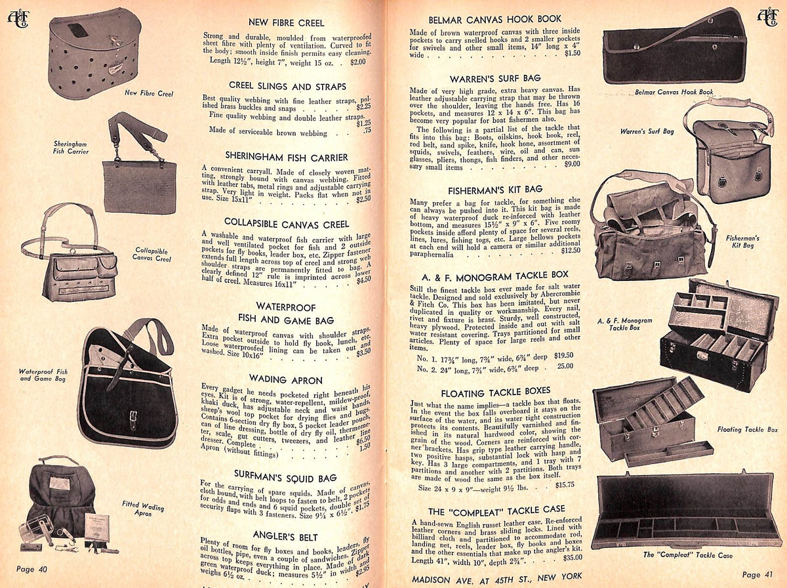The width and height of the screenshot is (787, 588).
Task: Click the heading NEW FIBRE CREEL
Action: click(284, 22)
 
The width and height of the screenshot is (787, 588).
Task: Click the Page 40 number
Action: click(30, 569)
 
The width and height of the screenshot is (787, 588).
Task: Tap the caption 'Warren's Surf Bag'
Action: click(647, 131)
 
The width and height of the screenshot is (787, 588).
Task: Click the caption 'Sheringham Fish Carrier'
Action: click(71, 146)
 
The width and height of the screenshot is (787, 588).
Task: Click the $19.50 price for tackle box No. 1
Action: click(563, 356)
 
